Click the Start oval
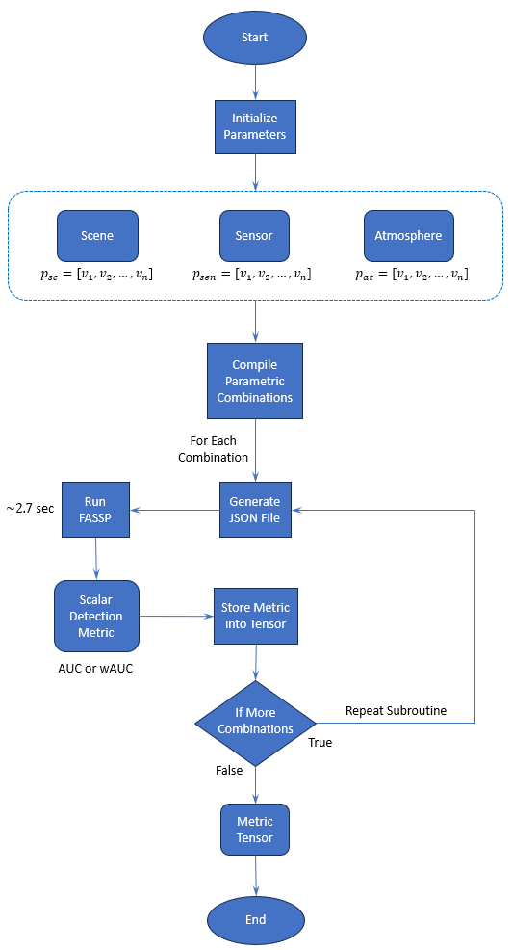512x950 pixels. (x=255, y=38)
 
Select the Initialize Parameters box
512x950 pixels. (x=255, y=126)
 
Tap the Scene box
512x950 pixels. (x=97, y=235)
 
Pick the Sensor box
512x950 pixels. (x=254, y=235)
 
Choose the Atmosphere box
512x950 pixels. (x=409, y=235)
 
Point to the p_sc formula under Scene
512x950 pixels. (x=96, y=275)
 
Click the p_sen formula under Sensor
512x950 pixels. (x=254, y=275)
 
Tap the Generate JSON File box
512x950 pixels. (x=255, y=510)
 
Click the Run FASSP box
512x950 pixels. (x=95, y=510)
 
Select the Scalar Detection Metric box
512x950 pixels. (x=97, y=617)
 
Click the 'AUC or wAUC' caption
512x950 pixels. (x=97, y=668)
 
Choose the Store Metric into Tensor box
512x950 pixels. (x=255, y=617)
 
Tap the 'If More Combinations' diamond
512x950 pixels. (x=255, y=721)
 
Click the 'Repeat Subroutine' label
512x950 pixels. (x=396, y=711)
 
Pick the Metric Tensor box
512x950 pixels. (x=255, y=830)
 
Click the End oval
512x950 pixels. (x=255, y=919)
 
